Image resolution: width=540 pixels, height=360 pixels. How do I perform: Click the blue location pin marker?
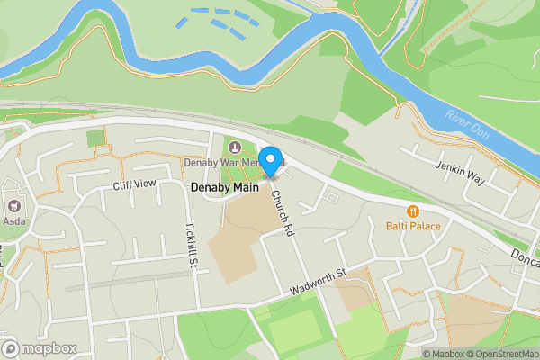[x=272, y=163]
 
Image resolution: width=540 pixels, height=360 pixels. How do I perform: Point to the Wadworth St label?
[x=318, y=283]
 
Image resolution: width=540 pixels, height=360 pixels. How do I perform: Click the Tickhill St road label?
[x=192, y=246]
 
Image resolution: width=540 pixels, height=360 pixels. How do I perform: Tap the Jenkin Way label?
[x=460, y=174]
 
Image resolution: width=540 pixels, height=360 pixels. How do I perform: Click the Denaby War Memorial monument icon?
[x=236, y=148]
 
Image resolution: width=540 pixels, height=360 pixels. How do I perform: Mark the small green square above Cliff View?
[x=96, y=138]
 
